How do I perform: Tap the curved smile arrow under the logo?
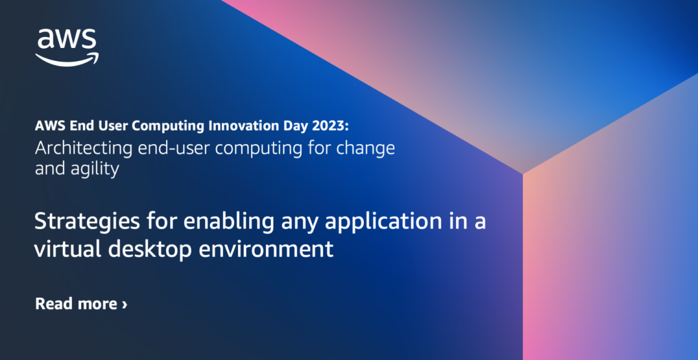tap(67, 59)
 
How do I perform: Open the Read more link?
tap(76, 303)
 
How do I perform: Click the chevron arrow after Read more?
tap(125, 304)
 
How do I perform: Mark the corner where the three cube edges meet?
tap(523, 173)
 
